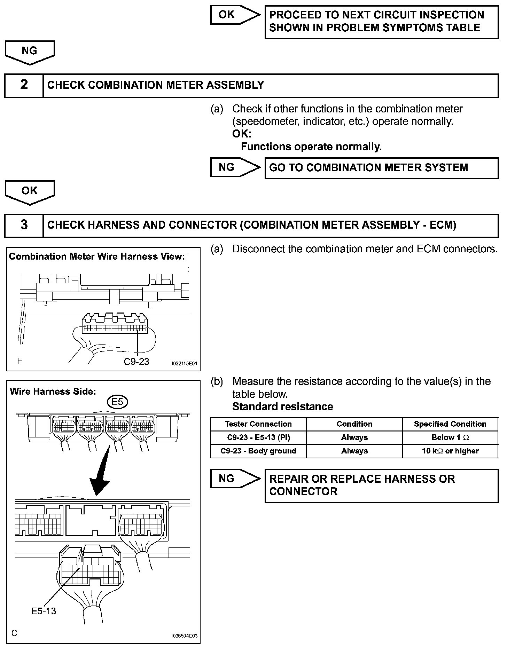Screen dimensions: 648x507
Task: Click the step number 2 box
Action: pyautogui.click(x=24, y=85)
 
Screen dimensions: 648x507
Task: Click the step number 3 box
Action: pyautogui.click(x=24, y=225)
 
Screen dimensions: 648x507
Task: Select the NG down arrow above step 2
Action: pyautogui.click(x=30, y=52)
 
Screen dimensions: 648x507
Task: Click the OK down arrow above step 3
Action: pyautogui.click(x=30, y=191)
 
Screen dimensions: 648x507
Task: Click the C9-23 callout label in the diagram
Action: pyautogui.click(x=136, y=362)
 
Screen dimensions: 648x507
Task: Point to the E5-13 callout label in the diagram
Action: pyautogui.click(x=44, y=611)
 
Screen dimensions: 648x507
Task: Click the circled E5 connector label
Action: pyautogui.click(x=118, y=402)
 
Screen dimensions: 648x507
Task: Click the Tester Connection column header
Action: pyautogui.click(x=258, y=424)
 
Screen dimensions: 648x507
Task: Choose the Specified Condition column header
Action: pyautogui.click(x=450, y=424)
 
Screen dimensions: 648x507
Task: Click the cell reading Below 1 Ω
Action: pyautogui.click(x=450, y=437)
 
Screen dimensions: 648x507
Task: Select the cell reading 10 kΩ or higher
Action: pyautogui.click(x=450, y=451)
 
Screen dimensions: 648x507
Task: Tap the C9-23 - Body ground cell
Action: pyautogui.click(x=258, y=451)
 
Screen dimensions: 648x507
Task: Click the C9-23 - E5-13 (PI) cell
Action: pyautogui.click(x=258, y=437)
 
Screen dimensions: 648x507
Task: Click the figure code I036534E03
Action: pyautogui.click(x=184, y=636)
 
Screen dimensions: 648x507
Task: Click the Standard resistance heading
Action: pyautogui.click(x=282, y=407)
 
